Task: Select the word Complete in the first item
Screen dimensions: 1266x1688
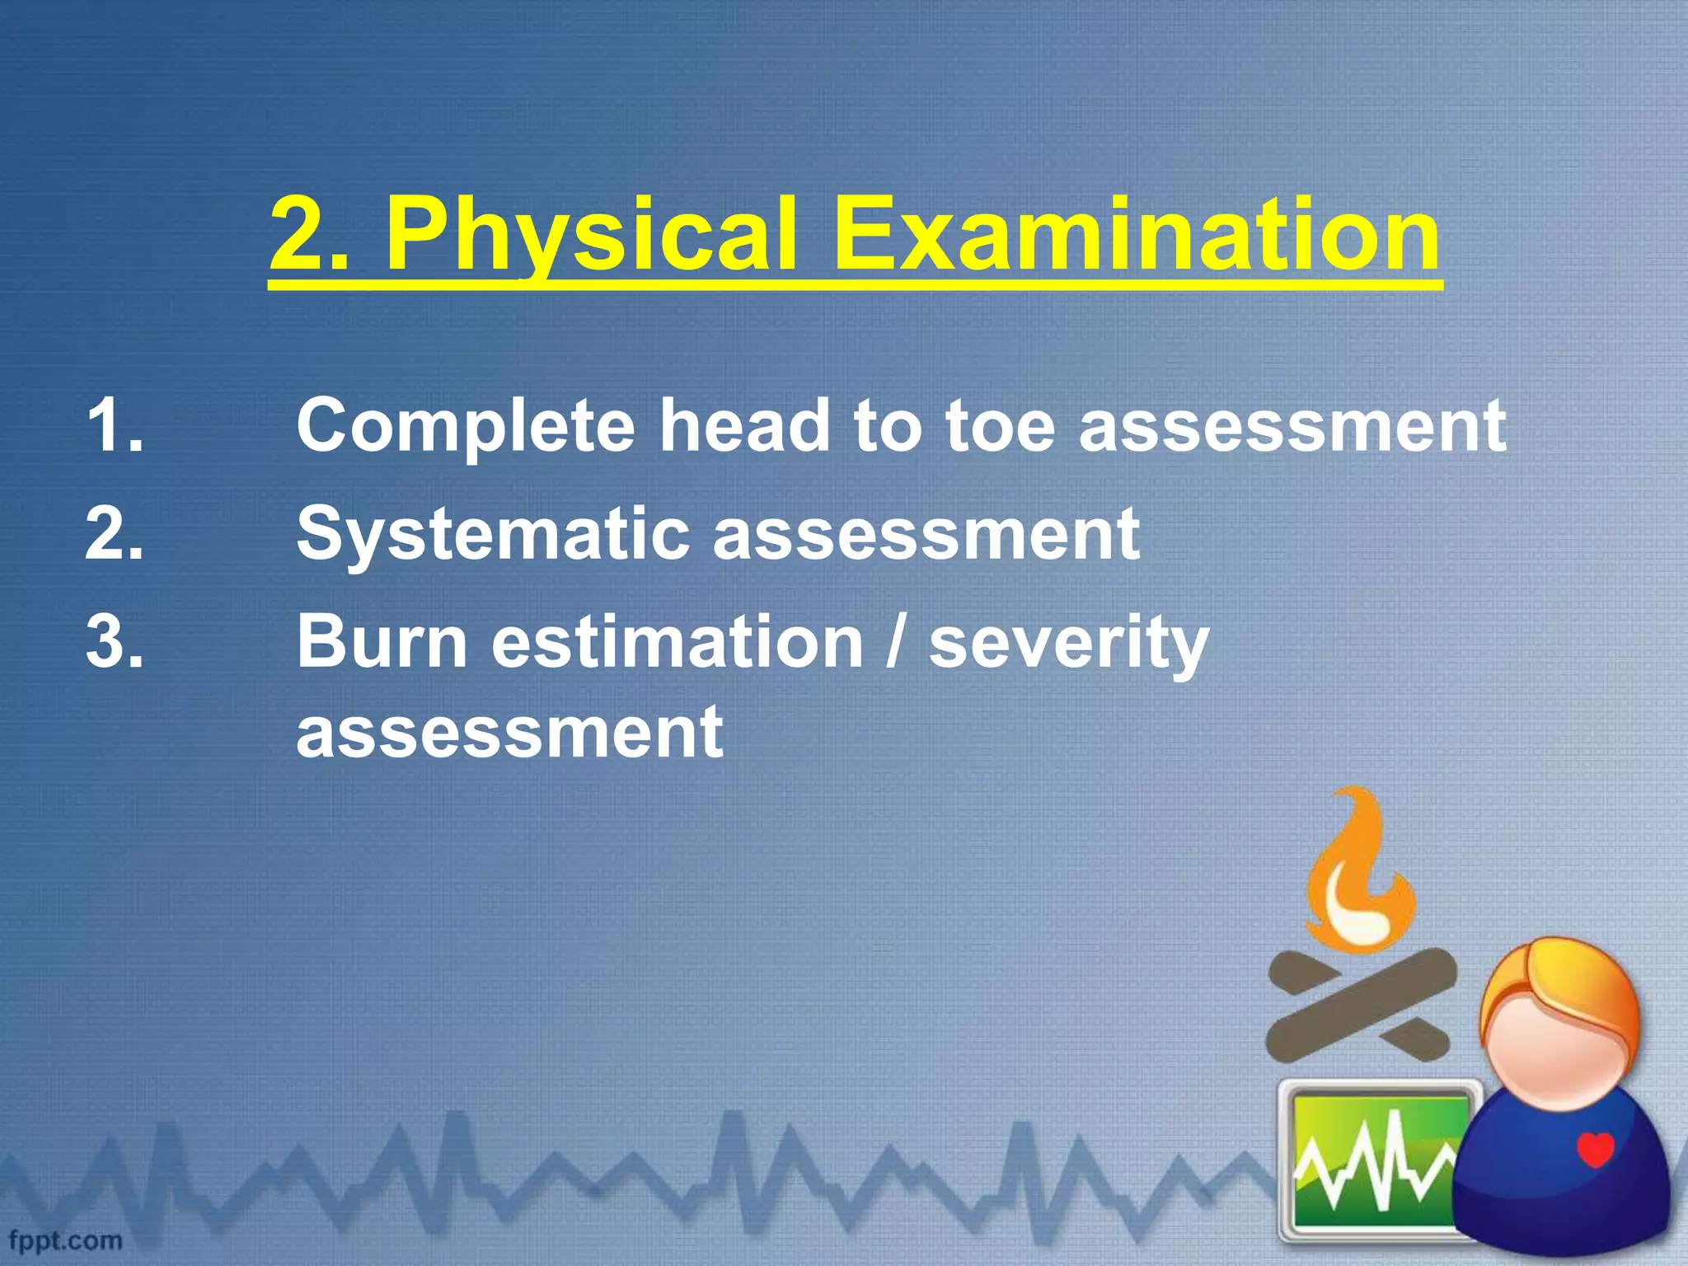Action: pyautogui.click(x=466, y=426)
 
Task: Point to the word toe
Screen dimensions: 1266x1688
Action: pyautogui.click(x=1000, y=426)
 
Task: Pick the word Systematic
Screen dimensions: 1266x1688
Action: pyautogui.click(x=493, y=534)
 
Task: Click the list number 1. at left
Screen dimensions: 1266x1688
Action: pyautogui.click(x=115, y=426)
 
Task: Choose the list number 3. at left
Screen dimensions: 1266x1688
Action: pyautogui.click(x=115, y=642)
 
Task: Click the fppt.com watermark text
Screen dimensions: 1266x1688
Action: pyautogui.click(x=66, y=1240)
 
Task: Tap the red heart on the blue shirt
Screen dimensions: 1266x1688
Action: pyautogui.click(x=1595, y=1150)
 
